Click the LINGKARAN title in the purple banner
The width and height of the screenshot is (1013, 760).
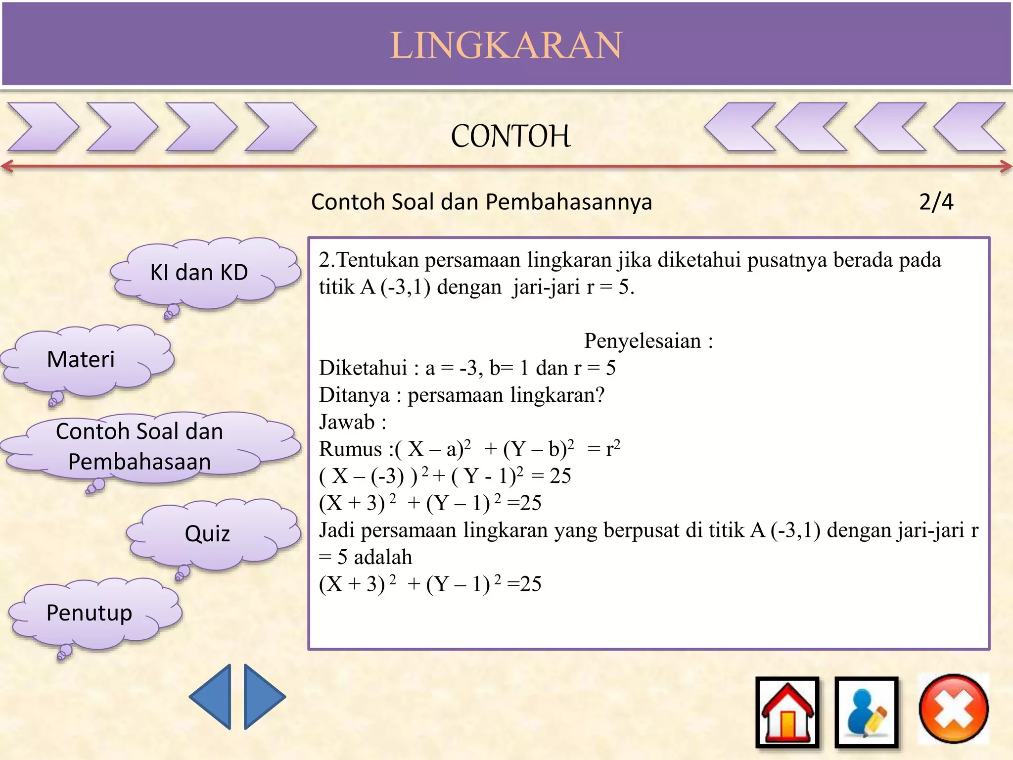(506, 45)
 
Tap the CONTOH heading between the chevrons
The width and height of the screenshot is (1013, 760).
(510, 136)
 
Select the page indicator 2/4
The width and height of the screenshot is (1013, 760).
(936, 202)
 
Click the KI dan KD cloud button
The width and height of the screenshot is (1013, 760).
(199, 273)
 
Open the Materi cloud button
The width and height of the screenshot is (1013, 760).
(81, 359)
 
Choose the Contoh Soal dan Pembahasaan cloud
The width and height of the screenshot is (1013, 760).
(139, 446)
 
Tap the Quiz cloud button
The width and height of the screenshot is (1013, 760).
(207, 534)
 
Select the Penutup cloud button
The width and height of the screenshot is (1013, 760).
(90, 613)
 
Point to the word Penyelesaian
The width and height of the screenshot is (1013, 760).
(642, 341)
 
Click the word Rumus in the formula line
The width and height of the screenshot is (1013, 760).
(350, 449)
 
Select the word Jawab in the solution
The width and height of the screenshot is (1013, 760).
(347, 422)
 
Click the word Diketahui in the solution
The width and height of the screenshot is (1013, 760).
(363, 368)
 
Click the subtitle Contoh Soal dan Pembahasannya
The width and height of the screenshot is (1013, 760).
(481, 202)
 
